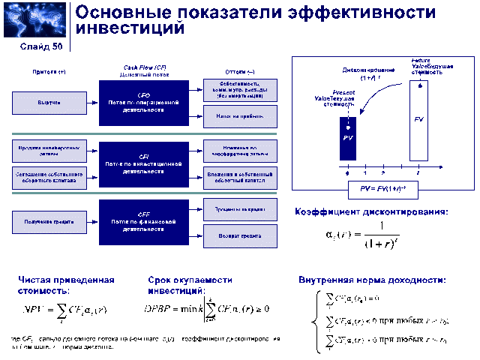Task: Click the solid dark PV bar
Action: click(347, 139)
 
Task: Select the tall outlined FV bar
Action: click(418, 120)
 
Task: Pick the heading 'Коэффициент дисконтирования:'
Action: click(371, 212)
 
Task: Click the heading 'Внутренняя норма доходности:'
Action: click(372, 280)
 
